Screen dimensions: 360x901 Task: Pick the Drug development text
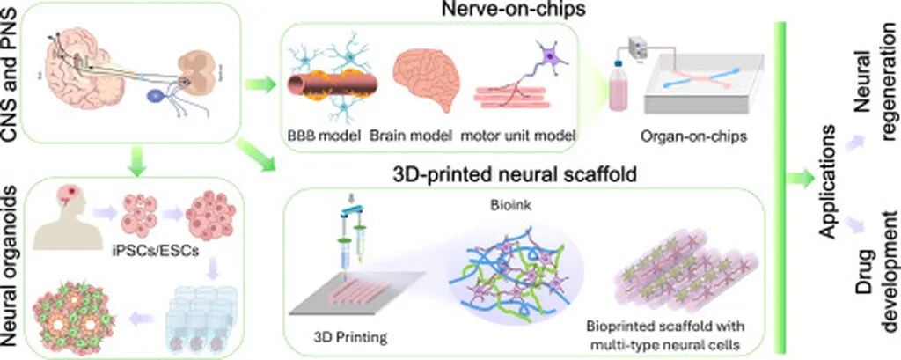coord(875,290)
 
